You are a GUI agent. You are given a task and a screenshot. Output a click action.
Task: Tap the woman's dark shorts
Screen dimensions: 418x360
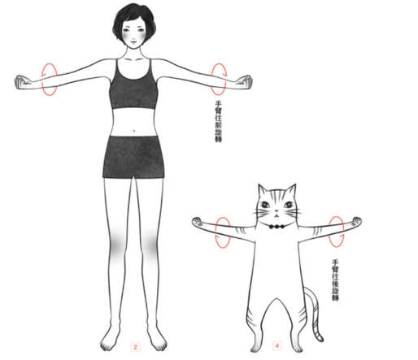133,157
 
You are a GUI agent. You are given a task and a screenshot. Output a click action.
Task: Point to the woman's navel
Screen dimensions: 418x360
134,131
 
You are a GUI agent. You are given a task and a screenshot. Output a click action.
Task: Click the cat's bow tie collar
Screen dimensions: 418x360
276,226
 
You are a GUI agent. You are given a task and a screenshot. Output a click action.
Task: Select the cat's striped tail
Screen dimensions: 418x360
315,311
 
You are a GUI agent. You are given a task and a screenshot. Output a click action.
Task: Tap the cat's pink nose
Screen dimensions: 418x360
276,211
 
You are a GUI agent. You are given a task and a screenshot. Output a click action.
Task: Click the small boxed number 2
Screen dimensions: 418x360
135,347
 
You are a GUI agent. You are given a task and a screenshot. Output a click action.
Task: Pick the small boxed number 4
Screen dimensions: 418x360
276,345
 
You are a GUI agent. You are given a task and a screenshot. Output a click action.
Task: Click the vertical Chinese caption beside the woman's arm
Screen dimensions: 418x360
218,121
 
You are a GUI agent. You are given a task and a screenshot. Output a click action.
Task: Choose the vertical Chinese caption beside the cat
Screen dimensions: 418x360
336,280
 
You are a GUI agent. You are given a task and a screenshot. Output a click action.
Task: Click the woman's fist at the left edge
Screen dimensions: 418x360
23,82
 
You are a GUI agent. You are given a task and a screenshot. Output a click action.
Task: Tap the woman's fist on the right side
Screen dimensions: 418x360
245,81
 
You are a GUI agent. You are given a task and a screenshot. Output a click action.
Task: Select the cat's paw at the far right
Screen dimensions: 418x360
356,221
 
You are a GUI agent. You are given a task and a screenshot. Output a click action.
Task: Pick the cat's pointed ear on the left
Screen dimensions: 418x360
262,191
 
